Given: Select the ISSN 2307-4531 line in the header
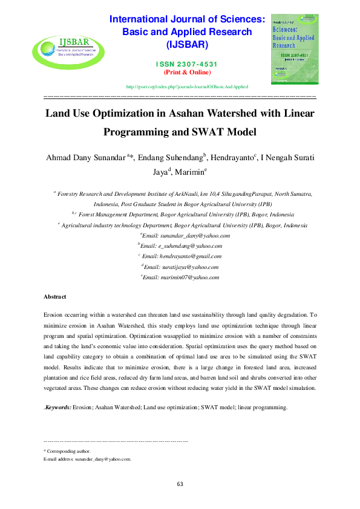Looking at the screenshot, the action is (x=187, y=64).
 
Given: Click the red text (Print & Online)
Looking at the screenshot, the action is (x=187, y=73).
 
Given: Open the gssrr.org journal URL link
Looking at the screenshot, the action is (x=187, y=87).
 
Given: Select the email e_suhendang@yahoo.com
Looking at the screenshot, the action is (x=190, y=246).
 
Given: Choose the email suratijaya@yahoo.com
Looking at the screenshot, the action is (x=189, y=267).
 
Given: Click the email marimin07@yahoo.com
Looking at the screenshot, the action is (x=189, y=277).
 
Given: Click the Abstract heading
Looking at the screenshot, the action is (x=54, y=297).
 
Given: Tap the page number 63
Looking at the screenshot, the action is (x=180, y=484).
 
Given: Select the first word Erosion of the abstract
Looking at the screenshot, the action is (x=54, y=315).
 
